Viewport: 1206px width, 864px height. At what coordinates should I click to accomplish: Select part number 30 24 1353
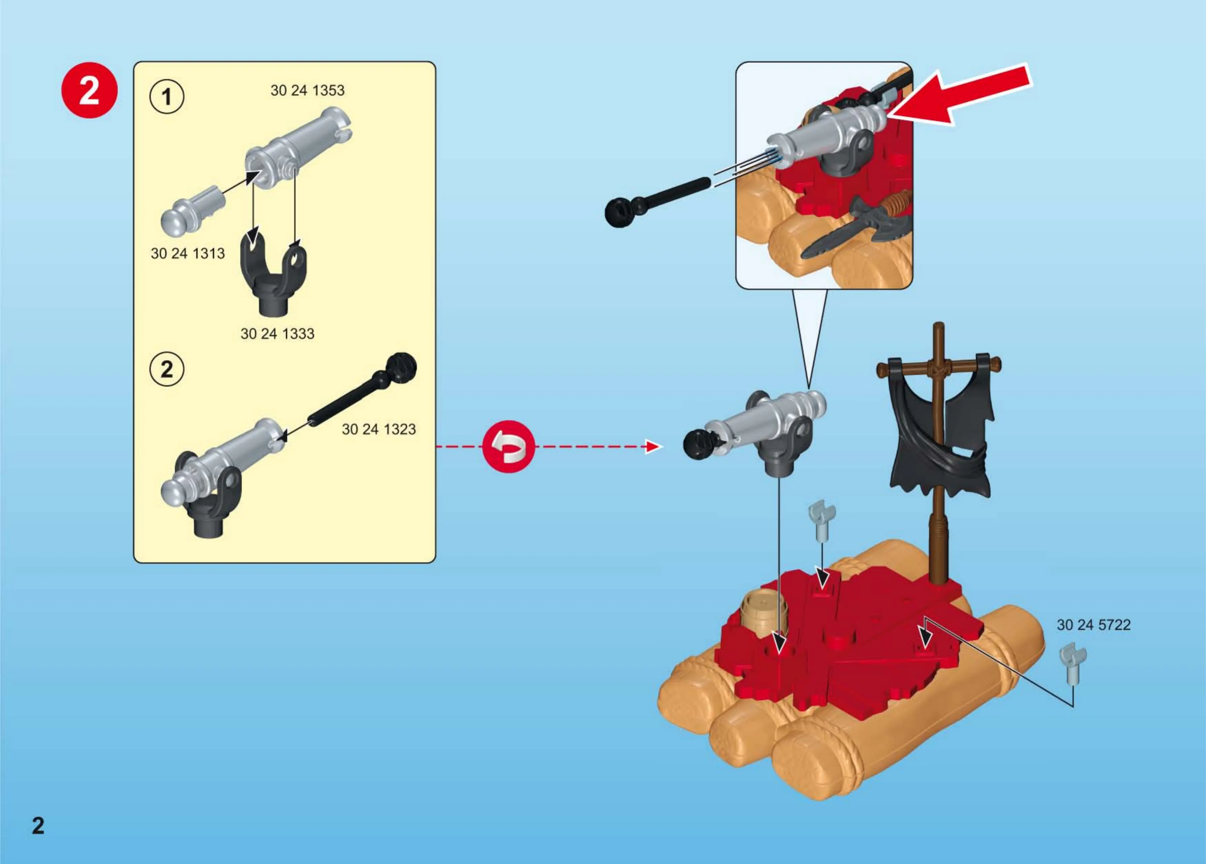pos(307,90)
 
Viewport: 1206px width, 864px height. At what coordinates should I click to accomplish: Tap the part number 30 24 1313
pos(188,254)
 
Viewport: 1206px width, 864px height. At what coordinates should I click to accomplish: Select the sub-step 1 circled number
pos(166,97)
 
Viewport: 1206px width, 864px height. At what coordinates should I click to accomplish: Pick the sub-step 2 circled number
pos(166,369)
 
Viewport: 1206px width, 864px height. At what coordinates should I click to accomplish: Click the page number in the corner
pos(38,826)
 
